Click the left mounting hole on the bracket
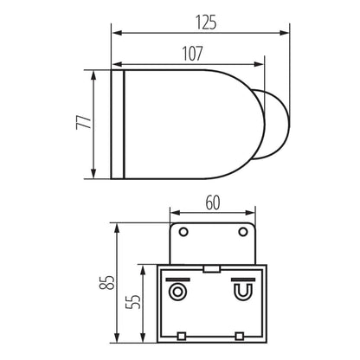[182, 232]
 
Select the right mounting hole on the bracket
[241, 232]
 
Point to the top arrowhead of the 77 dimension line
[92, 72]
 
